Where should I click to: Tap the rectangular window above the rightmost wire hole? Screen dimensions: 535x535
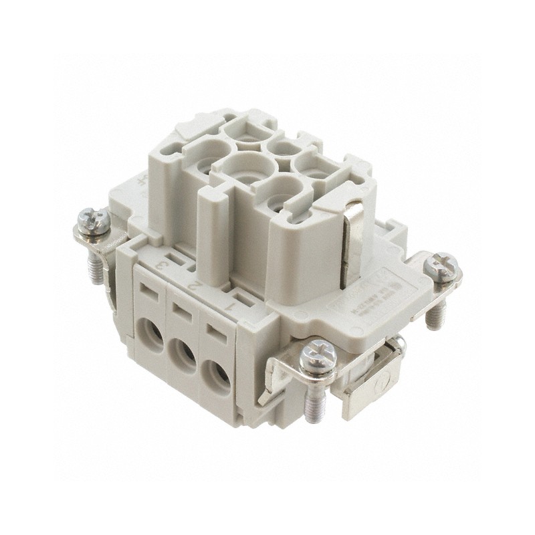point(215,330)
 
